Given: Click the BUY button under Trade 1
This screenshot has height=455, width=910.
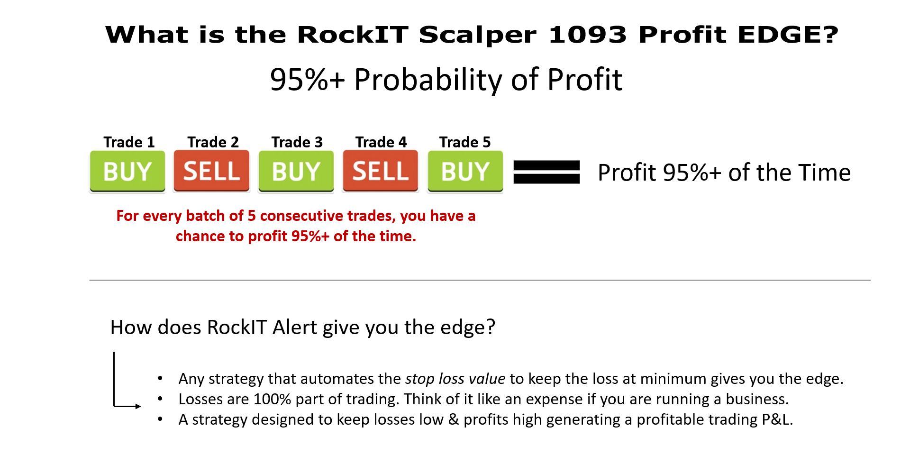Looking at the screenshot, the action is pos(127,171).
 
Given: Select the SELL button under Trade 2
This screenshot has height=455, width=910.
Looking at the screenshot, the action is pos(211,171).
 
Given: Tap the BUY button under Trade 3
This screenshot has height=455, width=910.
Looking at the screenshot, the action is pos(296,171).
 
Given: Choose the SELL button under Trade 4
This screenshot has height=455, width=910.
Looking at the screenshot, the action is pos(381,171).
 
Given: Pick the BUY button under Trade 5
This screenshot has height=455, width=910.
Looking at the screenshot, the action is pos(465,171).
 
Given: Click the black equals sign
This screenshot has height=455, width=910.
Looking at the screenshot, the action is pos(546,172).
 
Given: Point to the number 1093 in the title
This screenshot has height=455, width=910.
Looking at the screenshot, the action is pos(588,35).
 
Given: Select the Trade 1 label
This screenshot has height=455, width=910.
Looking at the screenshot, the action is pos(129,142).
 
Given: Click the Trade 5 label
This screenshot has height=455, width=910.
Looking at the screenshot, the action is pos(465,142).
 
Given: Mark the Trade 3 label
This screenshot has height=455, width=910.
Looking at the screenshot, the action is pos(297,142).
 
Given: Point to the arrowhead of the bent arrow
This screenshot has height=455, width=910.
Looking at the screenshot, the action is pos(138,406).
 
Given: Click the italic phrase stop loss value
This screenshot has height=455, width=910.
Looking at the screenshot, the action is pos(455,379).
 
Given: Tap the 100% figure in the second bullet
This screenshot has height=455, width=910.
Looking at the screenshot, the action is pos(272,399).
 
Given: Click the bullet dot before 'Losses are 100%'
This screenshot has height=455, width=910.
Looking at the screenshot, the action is pos(160,399).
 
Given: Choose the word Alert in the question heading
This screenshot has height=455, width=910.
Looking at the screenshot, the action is pos(295,327).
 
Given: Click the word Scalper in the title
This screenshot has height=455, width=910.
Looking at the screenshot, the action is pos(478,35).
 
